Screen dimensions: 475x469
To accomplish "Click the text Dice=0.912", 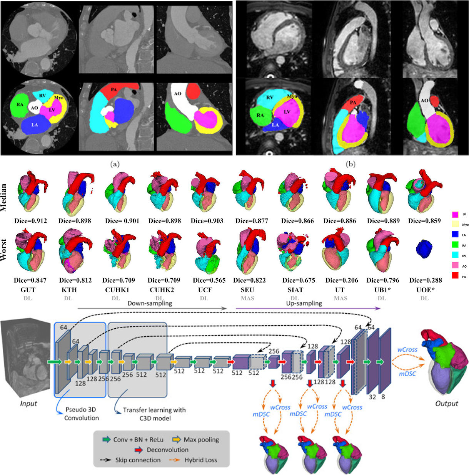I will point(30,221).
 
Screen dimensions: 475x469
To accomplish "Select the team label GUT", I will point(28,290).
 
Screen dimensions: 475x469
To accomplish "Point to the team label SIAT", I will point(295,290).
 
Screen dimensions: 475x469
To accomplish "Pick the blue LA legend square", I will point(455,235).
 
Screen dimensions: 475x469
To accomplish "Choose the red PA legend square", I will point(455,276).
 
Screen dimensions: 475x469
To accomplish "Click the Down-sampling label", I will point(150,303).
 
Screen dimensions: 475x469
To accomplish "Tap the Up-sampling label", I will point(304,303).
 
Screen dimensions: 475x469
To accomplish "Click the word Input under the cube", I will point(28,404).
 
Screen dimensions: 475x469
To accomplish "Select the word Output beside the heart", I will point(446,404).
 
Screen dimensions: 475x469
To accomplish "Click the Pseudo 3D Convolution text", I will point(81,414).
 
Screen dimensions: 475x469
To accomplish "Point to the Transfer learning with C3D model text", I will point(154,414).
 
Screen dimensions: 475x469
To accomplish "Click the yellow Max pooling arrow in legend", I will point(177,440).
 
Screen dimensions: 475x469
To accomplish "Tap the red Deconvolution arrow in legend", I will point(139,450).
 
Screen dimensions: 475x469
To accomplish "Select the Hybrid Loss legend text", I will point(200,460).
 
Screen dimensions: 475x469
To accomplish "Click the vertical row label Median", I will point(4,197).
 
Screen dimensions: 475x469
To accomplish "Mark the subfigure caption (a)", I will point(115,164).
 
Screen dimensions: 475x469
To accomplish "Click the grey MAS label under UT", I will point(340,298).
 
